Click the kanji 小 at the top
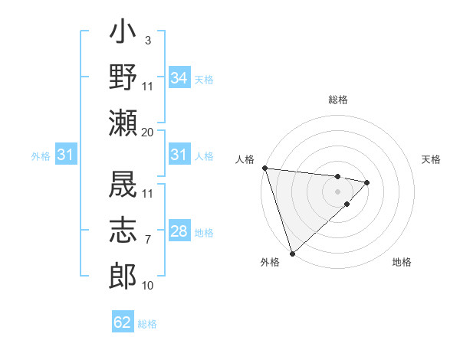click(x=123, y=34)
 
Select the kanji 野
click(x=123, y=77)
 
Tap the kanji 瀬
click(x=123, y=122)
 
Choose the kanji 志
click(x=123, y=230)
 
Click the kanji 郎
click(x=123, y=274)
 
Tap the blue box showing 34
click(x=179, y=78)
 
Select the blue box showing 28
click(x=179, y=231)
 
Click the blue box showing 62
click(x=123, y=322)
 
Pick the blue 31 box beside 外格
click(x=66, y=155)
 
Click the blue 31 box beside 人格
click(x=179, y=155)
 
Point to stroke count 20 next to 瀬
click(x=148, y=132)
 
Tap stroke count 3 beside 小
click(x=147, y=40)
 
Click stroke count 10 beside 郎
click(x=148, y=286)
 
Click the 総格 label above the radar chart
click(x=338, y=100)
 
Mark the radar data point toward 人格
click(x=264, y=168)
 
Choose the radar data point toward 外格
click(x=292, y=252)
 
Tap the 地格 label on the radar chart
click(x=402, y=263)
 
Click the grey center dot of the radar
click(x=338, y=191)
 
